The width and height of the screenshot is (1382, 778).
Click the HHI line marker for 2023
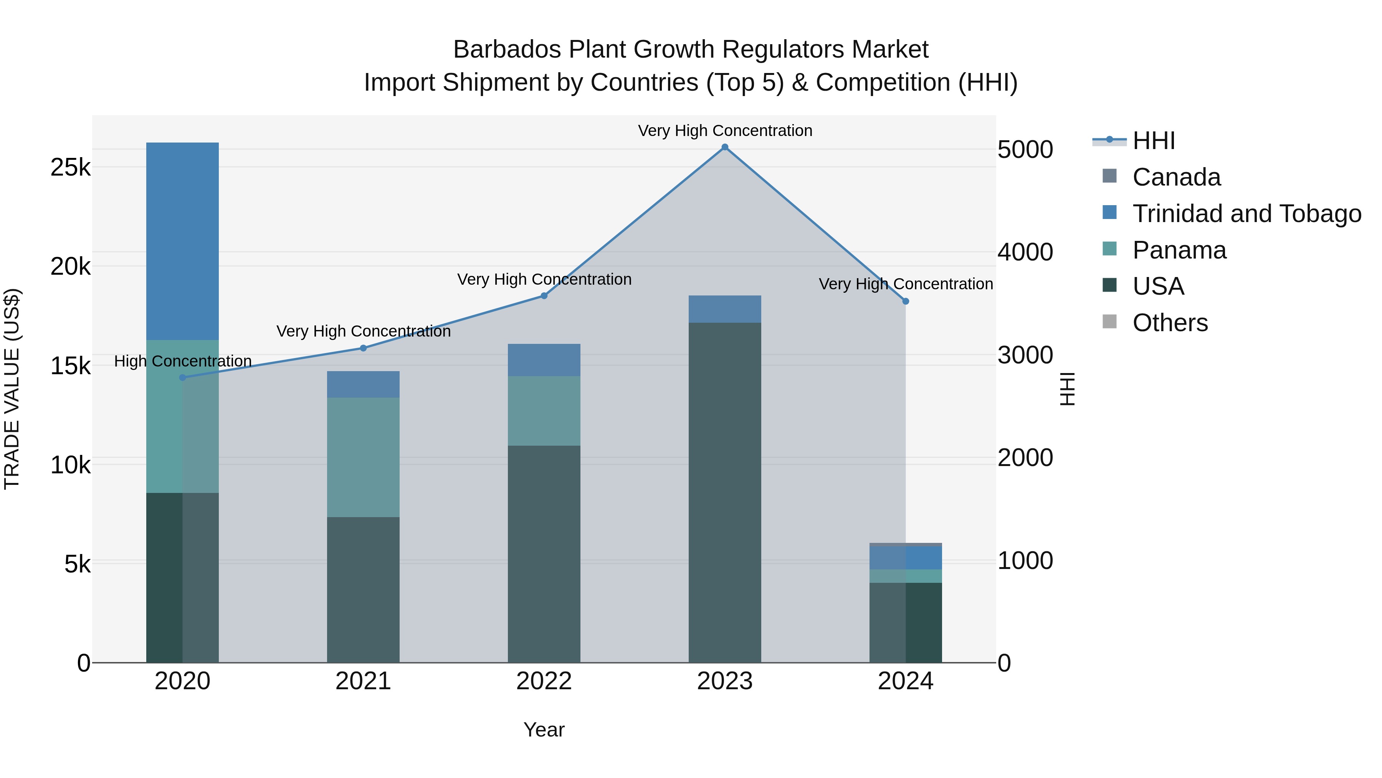pos(725,147)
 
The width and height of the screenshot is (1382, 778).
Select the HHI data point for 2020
pos(182,377)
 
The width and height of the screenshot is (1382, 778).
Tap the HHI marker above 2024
pos(906,301)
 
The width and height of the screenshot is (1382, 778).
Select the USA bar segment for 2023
pos(725,493)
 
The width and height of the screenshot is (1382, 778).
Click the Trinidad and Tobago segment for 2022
pos(544,360)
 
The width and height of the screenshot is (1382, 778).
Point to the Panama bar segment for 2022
pos(544,411)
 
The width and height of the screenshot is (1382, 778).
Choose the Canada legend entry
pos(1176,177)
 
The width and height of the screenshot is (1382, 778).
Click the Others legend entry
pos(1170,323)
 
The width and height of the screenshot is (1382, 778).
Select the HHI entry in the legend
pos(1154,141)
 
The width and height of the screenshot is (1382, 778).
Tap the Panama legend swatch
pos(1109,249)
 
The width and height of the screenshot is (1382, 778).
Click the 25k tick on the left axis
pos(70,168)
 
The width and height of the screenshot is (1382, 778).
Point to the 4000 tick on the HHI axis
pos(1025,252)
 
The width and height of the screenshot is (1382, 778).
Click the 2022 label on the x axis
pos(544,681)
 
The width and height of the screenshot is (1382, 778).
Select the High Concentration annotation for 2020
pos(183,362)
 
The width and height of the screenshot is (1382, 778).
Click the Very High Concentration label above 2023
pos(725,131)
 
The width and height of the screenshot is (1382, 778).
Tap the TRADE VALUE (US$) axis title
pos(12,389)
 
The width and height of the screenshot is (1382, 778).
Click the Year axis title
pos(544,730)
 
